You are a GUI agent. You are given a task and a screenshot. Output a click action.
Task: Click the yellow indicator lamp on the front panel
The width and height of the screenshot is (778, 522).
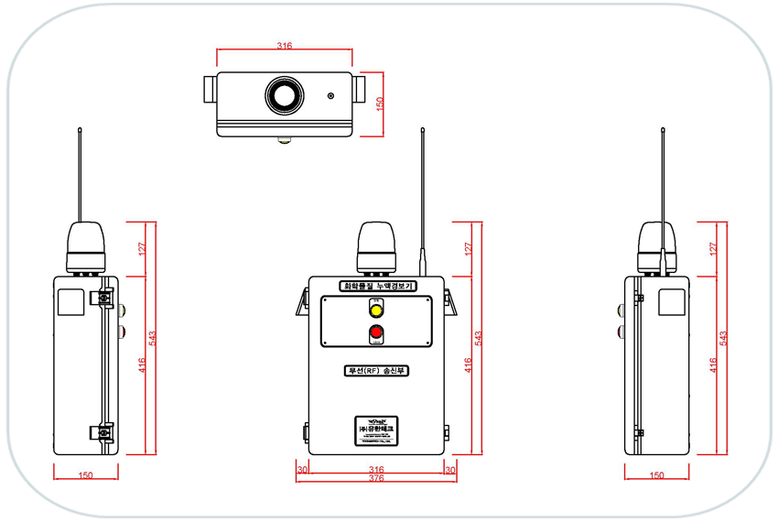click(374, 309)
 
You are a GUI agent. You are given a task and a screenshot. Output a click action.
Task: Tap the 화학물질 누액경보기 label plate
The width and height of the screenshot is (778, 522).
click(376, 287)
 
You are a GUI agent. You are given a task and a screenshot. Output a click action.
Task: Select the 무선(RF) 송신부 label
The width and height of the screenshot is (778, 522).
click(376, 371)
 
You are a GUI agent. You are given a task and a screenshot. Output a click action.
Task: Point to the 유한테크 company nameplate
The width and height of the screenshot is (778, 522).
click(376, 429)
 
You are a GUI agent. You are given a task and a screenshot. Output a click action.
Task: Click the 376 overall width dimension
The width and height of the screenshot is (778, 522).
click(376, 478)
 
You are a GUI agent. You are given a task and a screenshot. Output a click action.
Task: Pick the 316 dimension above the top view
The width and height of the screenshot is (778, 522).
click(284, 46)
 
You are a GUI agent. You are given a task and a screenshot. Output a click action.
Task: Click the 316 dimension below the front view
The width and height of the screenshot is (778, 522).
click(376, 469)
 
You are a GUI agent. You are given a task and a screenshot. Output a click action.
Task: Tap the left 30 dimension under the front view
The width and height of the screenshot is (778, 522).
click(302, 469)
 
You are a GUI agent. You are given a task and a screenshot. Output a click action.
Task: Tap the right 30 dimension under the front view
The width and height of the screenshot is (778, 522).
click(449, 469)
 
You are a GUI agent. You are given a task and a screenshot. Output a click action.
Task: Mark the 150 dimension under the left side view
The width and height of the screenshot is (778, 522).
click(85, 476)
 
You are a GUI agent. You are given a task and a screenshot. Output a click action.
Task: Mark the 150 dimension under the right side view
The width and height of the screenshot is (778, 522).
click(656, 476)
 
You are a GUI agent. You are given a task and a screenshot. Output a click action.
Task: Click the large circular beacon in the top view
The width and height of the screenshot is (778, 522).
click(285, 95)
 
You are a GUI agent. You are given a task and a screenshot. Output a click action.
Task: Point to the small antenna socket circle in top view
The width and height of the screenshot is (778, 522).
click(332, 95)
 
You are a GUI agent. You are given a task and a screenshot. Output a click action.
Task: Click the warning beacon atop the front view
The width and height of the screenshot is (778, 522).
click(375, 245)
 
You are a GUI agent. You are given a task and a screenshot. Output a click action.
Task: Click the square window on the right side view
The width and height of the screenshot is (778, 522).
click(672, 302)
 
